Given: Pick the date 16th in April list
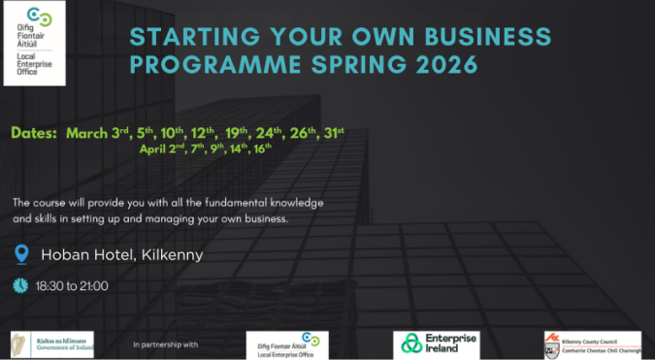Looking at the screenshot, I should click(263, 149).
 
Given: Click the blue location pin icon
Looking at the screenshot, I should click(21, 254).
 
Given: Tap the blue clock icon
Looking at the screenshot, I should click(20, 285).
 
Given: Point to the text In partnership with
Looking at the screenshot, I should click(165, 344).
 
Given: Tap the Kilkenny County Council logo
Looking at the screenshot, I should click(592, 344).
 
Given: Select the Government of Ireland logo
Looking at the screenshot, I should click(53, 344).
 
